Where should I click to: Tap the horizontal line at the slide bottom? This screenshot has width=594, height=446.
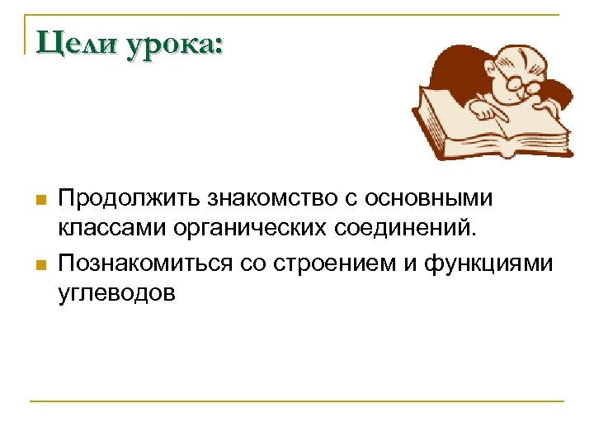point(297,401)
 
